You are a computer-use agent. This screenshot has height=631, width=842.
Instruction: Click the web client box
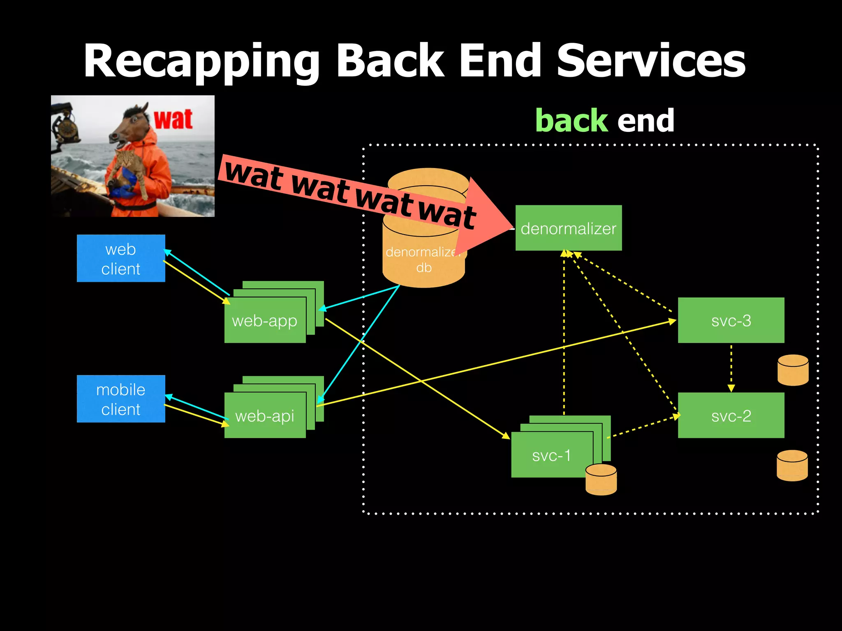(121, 258)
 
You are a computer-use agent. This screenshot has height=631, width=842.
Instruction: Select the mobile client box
(121, 399)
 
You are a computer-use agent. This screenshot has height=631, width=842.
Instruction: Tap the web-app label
(265, 321)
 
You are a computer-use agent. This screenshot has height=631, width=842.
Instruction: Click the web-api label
(265, 416)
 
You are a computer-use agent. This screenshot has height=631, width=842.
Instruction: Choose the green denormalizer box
(569, 228)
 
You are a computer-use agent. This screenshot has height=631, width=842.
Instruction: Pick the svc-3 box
(731, 320)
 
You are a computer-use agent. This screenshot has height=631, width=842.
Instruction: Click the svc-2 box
(731, 416)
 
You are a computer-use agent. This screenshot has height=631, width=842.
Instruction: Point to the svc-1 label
(551, 455)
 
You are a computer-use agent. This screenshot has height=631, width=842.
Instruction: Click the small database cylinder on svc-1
(601, 479)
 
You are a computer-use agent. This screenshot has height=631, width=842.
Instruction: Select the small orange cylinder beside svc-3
(793, 370)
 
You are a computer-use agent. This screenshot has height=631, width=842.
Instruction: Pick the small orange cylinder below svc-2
(792, 465)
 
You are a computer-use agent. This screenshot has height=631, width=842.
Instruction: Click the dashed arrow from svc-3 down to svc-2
(731, 368)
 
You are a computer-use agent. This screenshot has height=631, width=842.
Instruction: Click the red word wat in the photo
(173, 120)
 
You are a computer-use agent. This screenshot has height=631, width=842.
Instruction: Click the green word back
(571, 121)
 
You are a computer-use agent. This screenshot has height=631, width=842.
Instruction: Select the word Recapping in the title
(201, 62)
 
